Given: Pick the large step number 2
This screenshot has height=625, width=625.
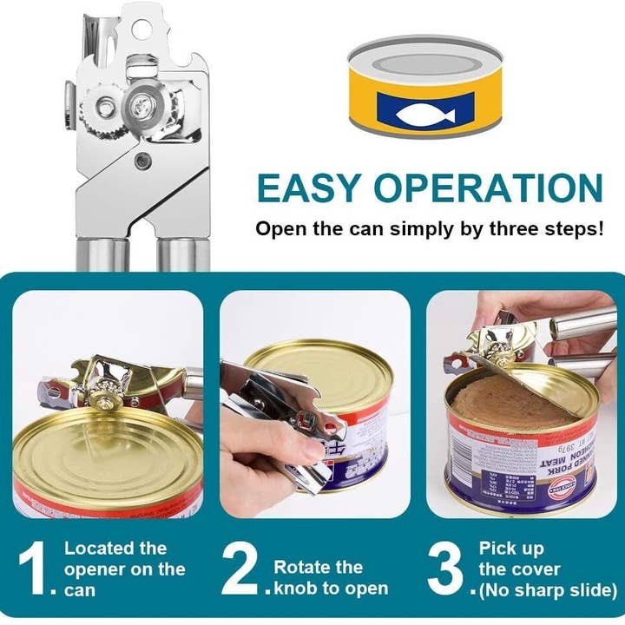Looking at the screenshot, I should [x=241, y=569].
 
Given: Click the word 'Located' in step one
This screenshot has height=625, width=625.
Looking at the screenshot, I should [x=98, y=548].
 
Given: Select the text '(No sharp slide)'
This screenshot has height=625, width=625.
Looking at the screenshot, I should [x=547, y=590].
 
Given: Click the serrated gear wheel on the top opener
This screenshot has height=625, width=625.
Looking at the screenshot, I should [x=103, y=109].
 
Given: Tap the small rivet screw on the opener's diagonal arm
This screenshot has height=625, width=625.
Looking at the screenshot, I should [x=142, y=159].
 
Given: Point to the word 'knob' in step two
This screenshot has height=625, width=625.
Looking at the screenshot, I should [x=298, y=589].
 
